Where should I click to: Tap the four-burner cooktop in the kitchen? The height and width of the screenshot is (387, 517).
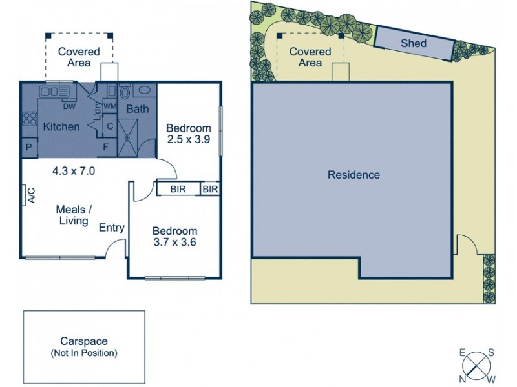(x=30, y=119)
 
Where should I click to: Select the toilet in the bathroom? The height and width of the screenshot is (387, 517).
(x=125, y=91)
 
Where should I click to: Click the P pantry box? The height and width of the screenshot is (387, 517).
(x=29, y=148)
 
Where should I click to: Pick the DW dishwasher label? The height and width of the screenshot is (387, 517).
(x=69, y=106)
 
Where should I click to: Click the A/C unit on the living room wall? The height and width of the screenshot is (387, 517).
(x=30, y=195)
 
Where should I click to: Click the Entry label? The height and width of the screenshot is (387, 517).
(x=111, y=227)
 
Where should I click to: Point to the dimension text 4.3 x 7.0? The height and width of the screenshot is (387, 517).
(x=74, y=171)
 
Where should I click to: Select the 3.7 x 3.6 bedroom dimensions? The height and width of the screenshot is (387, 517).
(x=174, y=243)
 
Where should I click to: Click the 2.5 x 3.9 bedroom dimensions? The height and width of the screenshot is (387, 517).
(x=189, y=139)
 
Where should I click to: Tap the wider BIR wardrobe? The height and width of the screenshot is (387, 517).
(x=178, y=189)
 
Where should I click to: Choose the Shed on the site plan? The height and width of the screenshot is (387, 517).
(x=414, y=43)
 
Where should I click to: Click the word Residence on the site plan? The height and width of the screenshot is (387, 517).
(x=353, y=175)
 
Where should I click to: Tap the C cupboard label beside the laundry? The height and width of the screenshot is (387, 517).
(x=109, y=126)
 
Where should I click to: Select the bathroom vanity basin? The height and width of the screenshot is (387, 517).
(x=145, y=91)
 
